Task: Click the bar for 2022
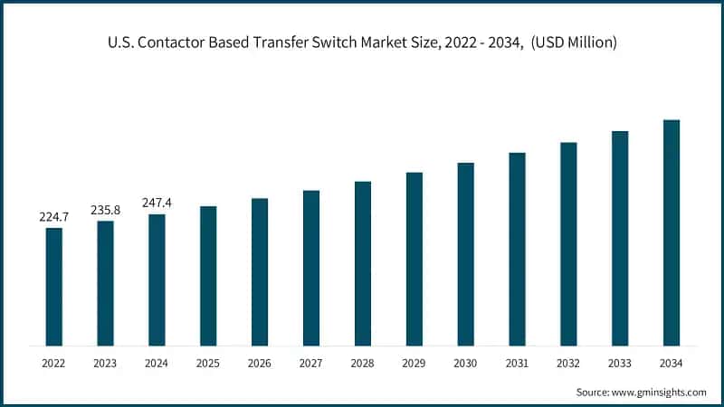tap(54, 287)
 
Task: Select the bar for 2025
tap(208, 276)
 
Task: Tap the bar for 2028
tap(363, 263)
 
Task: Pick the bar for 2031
tap(517, 249)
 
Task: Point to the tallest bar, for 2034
tap(672, 232)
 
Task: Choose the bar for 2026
tap(260, 271)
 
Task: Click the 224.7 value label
tap(54, 217)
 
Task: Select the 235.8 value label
tap(106, 210)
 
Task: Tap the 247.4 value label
tap(157, 203)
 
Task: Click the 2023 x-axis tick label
tap(106, 363)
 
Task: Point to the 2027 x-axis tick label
tap(311, 363)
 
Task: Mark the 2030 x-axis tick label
tap(465, 363)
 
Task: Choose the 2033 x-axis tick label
tap(620, 363)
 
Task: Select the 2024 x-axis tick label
tap(157, 363)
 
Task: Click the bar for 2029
tap(414, 259)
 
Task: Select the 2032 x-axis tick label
tap(568, 363)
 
